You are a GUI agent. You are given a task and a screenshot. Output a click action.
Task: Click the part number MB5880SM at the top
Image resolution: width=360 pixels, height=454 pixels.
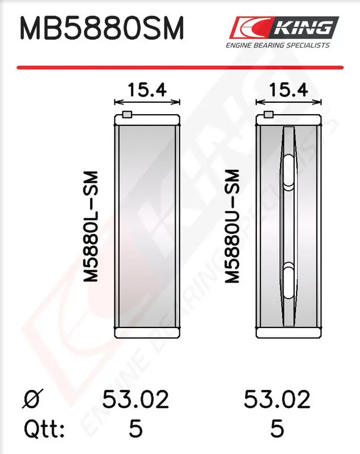(x=102, y=28)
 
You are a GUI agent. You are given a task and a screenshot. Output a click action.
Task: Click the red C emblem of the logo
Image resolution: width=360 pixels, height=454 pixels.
(x=249, y=27)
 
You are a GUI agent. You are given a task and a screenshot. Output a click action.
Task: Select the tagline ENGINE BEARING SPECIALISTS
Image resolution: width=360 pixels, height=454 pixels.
(x=278, y=45)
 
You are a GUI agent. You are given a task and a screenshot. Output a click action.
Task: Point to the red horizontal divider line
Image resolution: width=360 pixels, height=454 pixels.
(x=180, y=68)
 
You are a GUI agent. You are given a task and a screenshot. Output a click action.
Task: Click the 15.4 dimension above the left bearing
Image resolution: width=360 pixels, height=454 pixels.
(x=147, y=90)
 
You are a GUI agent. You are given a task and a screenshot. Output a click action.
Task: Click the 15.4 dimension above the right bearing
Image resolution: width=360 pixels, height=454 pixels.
(x=289, y=90)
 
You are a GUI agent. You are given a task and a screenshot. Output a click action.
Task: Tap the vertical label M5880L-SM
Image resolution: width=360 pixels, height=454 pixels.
(x=91, y=226)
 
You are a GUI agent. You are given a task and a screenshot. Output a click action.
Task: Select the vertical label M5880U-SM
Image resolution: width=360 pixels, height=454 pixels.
(x=232, y=226)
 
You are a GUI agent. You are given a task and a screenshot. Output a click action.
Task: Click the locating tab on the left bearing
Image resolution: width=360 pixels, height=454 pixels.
(x=127, y=115)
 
